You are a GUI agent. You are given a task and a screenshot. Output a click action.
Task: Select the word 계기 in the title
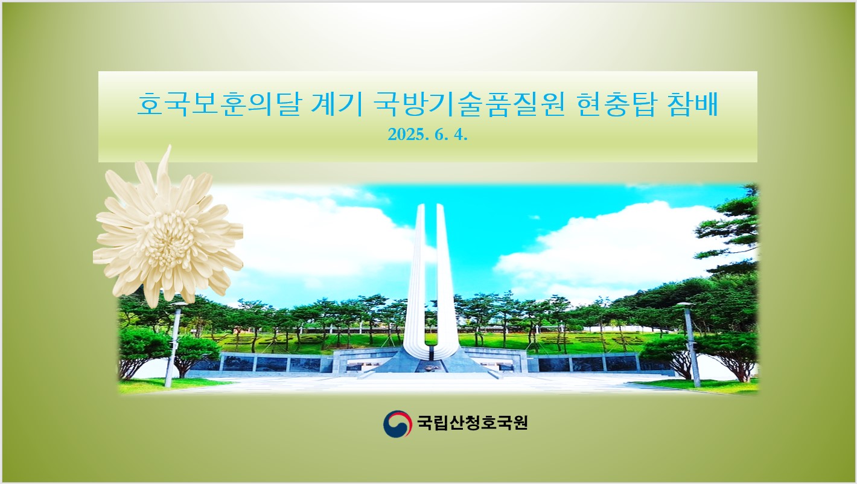click(x=337, y=104)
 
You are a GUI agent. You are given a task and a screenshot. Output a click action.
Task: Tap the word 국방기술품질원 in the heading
click(x=469, y=104)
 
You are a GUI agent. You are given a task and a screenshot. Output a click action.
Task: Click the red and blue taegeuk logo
click(x=398, y=424)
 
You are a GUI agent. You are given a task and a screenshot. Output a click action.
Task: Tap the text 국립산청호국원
click(x=473, y=423)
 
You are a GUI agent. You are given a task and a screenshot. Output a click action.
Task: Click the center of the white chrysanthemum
click(x=169, y=234)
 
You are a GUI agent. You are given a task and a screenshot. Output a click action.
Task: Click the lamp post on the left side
click(x=173, y=345)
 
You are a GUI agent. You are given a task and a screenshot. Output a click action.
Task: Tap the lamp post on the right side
click(x=691, y=345)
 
